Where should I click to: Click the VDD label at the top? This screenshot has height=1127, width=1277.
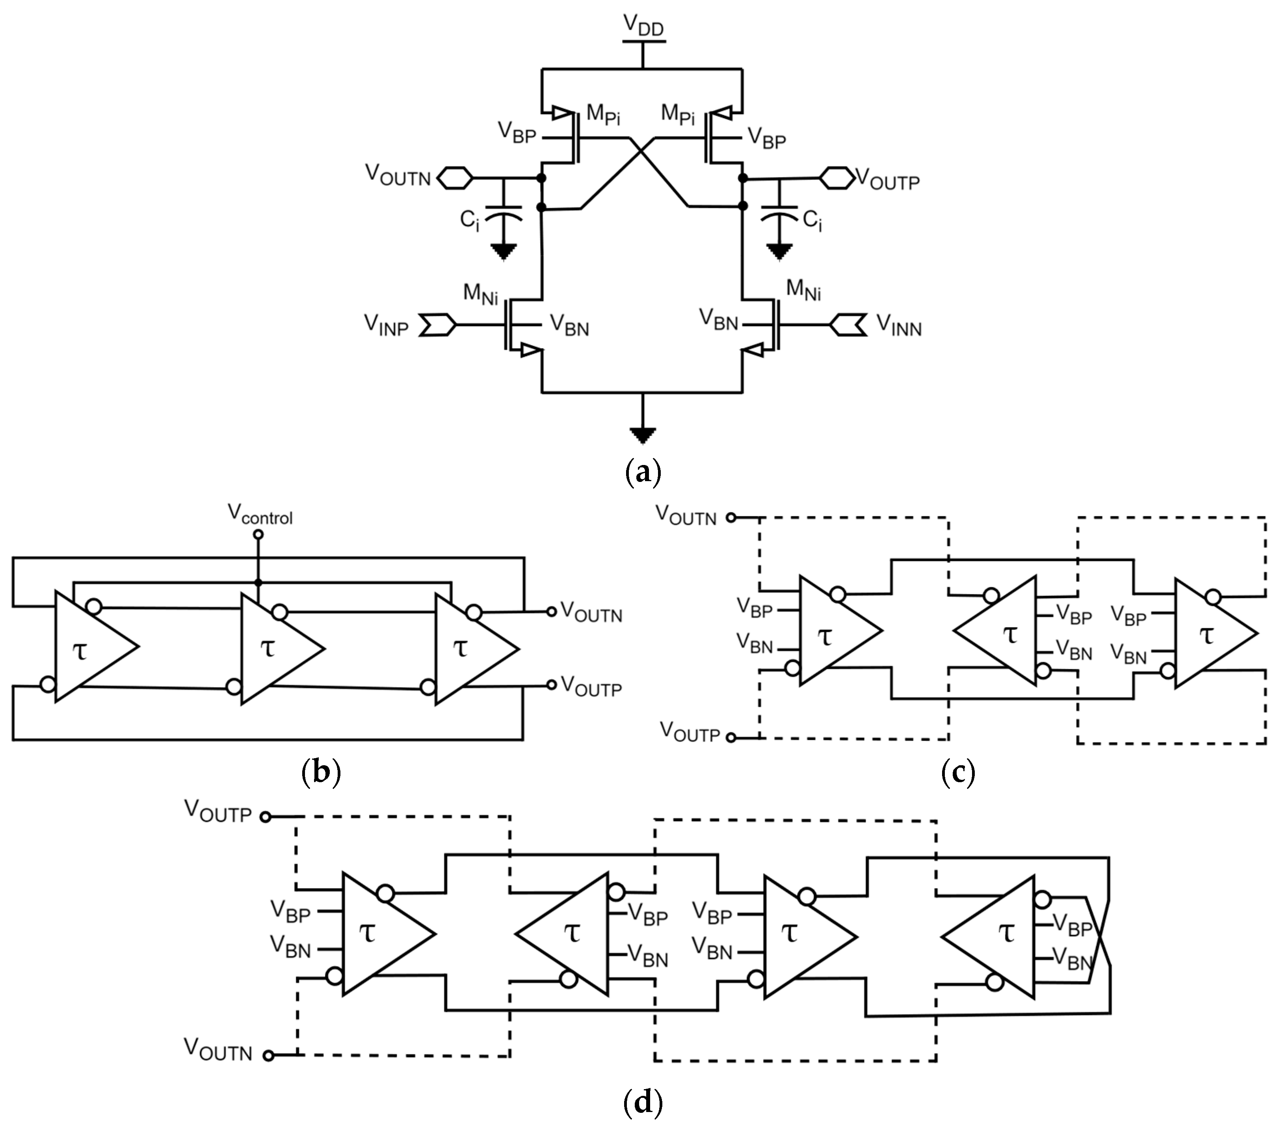pos(643,26)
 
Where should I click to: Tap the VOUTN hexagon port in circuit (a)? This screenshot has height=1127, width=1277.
pos(454,178)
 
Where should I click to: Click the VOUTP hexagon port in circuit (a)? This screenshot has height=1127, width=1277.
pos(836,178)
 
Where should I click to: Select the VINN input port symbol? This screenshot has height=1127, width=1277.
pos(848,325)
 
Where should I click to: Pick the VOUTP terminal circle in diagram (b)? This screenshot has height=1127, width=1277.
pos(551,685)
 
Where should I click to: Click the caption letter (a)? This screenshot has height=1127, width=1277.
pos(643,473)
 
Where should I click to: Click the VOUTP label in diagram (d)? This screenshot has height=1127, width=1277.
pos(218,812)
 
